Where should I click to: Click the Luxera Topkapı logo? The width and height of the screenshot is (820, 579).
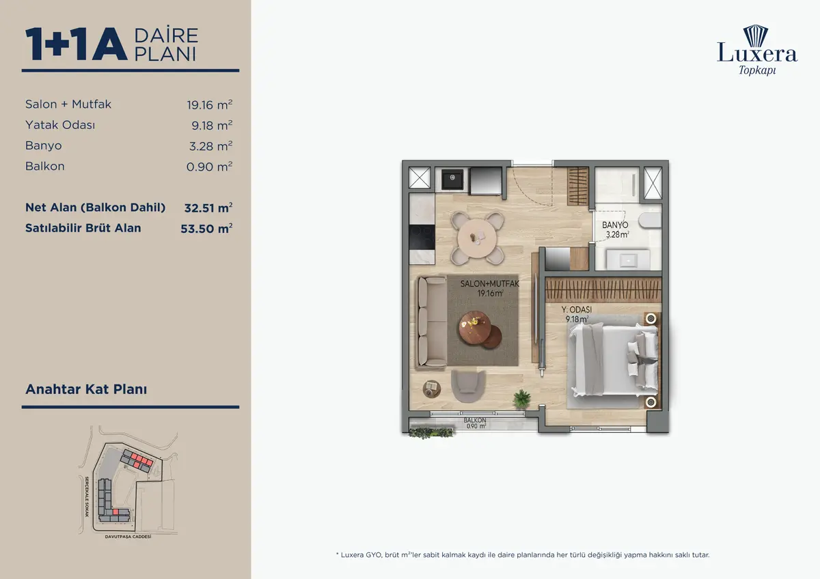point(756,50)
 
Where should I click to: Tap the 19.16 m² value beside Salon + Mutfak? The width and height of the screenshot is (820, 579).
point(209,105)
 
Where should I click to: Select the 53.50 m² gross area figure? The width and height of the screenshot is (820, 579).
point(206,229)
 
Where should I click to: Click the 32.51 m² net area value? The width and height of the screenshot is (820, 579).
point(208,208)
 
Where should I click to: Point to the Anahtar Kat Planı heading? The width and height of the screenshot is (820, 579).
point(86,389)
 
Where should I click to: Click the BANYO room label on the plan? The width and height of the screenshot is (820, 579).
point(615,225)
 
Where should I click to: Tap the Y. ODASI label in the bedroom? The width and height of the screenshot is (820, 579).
point(577,309)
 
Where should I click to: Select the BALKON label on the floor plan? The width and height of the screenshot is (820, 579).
point(475,421)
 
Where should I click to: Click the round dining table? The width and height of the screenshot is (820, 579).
point(478,238)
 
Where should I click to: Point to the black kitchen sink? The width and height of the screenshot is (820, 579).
point(452,180)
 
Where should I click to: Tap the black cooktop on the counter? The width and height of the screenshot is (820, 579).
point(422,238)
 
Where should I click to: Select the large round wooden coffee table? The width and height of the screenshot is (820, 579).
point(475,327)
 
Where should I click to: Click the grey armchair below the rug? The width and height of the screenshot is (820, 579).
point(468,386)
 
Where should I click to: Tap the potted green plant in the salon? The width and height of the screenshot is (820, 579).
point(521,398)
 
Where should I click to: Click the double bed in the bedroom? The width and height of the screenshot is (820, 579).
point(614,361)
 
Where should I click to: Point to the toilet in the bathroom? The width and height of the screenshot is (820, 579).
point(650,221)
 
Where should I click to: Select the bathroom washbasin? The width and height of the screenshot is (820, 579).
point(628,259)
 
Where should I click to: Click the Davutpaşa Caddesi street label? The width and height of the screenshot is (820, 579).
point(128,537)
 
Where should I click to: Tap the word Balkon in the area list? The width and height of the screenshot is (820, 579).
point(45,166)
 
